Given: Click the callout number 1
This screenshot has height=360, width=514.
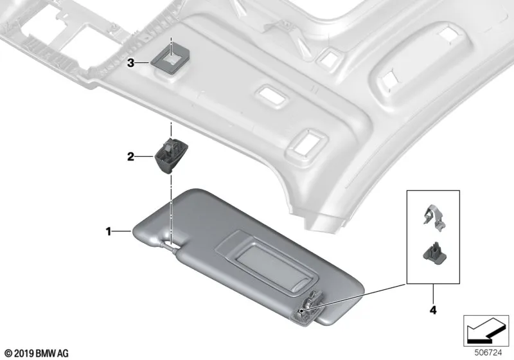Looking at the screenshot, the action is (x=108, y=232).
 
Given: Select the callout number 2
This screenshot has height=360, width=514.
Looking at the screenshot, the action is (x=130, y=157).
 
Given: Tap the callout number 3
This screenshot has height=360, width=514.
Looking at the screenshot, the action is (x=130, y=62).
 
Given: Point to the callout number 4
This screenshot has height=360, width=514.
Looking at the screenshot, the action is (x=433, y=310).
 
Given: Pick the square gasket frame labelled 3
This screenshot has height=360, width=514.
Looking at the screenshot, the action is (x=170, y=58).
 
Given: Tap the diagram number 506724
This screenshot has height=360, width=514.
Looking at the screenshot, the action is (x=488, y=353).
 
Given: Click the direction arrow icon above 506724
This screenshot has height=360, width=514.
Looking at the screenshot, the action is (x=486, y=331).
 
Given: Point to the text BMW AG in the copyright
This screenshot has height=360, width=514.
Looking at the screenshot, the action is (x=52, y=354).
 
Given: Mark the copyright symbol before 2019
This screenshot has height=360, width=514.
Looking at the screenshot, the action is (x=9, y=354).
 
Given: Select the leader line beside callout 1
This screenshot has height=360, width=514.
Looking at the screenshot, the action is (x=121, y=232).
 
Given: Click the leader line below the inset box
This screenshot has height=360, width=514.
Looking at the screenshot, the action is (x=433, y=294).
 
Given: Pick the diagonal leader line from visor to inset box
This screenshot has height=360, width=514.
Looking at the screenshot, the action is (x=354, y=298).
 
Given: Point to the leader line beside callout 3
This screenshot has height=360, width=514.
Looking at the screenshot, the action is (x=143, y=62).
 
